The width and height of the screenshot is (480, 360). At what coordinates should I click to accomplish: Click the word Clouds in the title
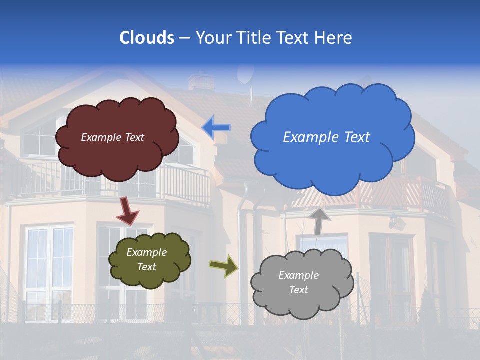pyautogui.click(x=147, y=37)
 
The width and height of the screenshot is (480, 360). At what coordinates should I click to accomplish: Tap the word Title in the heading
pyautogui.click(x=253, y=37)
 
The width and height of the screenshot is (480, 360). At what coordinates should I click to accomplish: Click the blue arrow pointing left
pyautogui.click(x=216, y=127)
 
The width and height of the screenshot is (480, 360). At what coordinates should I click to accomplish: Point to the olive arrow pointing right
pyautogui.click(x=223, y=265)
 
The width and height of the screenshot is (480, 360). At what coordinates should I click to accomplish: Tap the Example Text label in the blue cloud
pyautogui.click(x=326, y=137)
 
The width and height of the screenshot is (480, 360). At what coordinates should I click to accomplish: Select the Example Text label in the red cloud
pyautogui.click(x=112, y=137)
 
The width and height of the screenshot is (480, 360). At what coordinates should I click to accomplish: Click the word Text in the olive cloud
pyautogui.click(x=146, y=267)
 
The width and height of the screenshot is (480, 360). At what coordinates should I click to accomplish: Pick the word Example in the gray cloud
pyautogui.click(x=298, y=275)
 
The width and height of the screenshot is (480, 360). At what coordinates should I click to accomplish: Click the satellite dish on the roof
pyautogui.click(x=245, y=74)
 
